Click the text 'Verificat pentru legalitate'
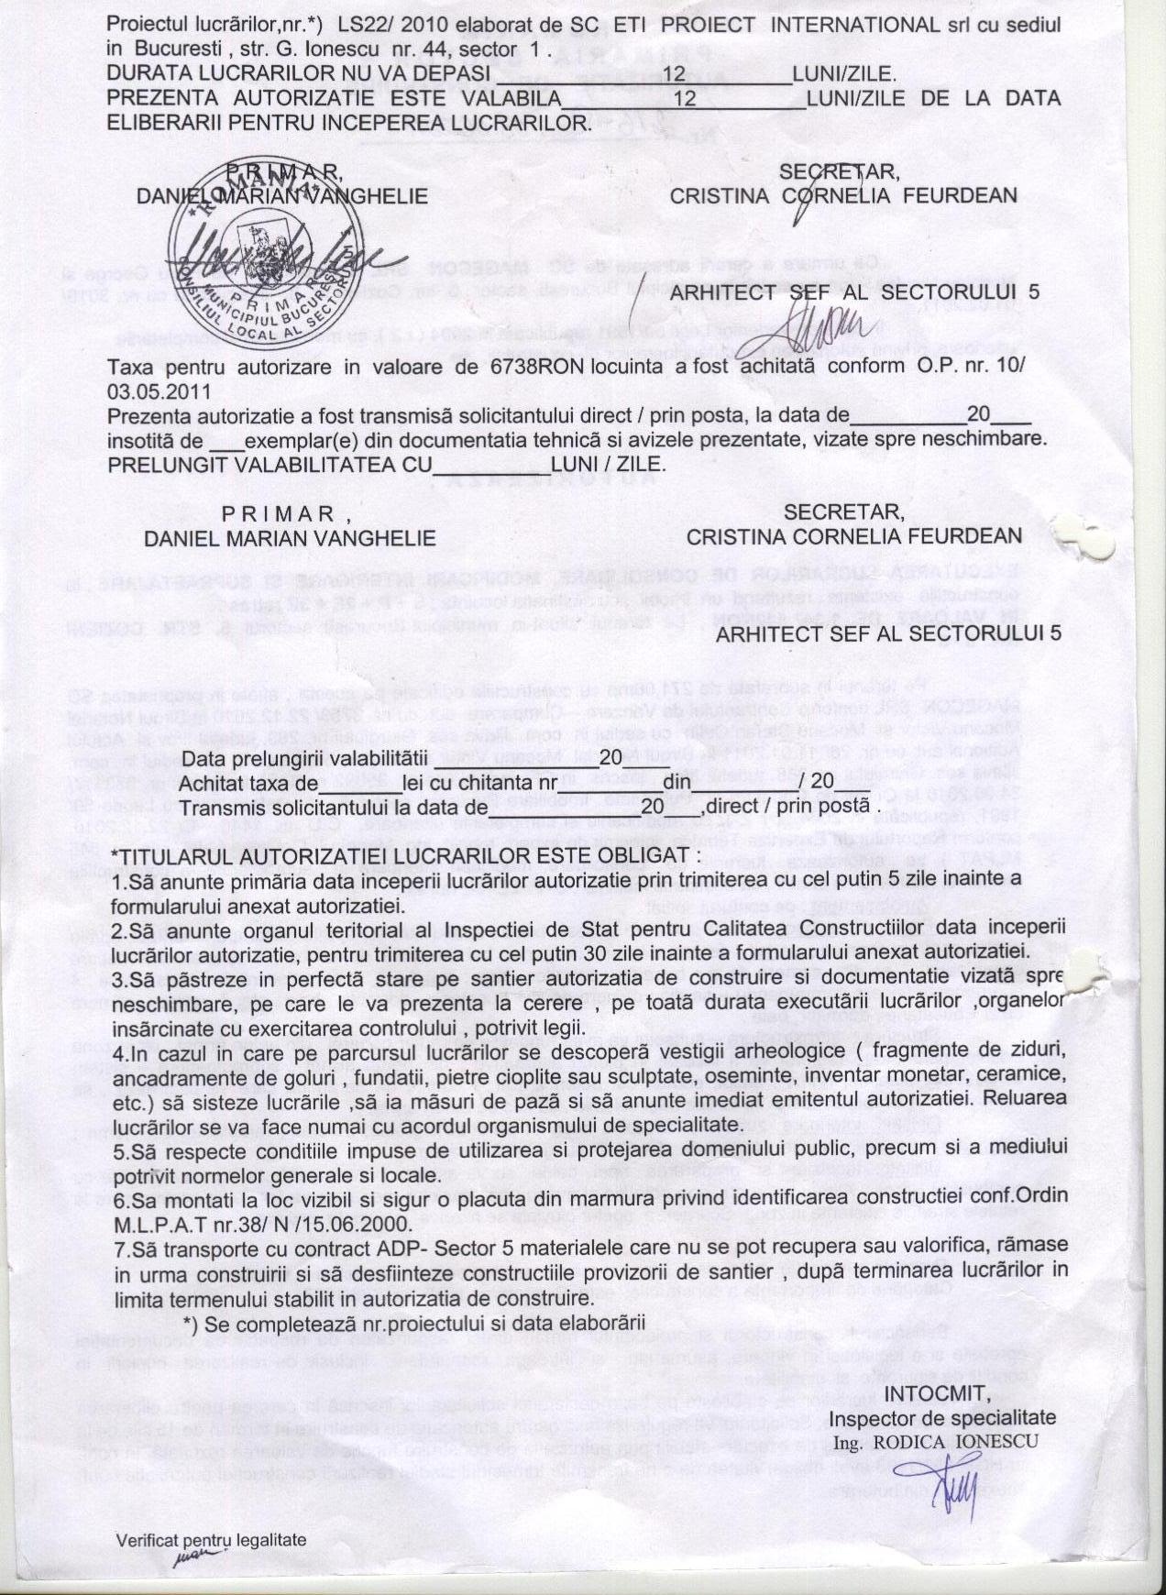point(211,1541)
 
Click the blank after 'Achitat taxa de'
point(360,785)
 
